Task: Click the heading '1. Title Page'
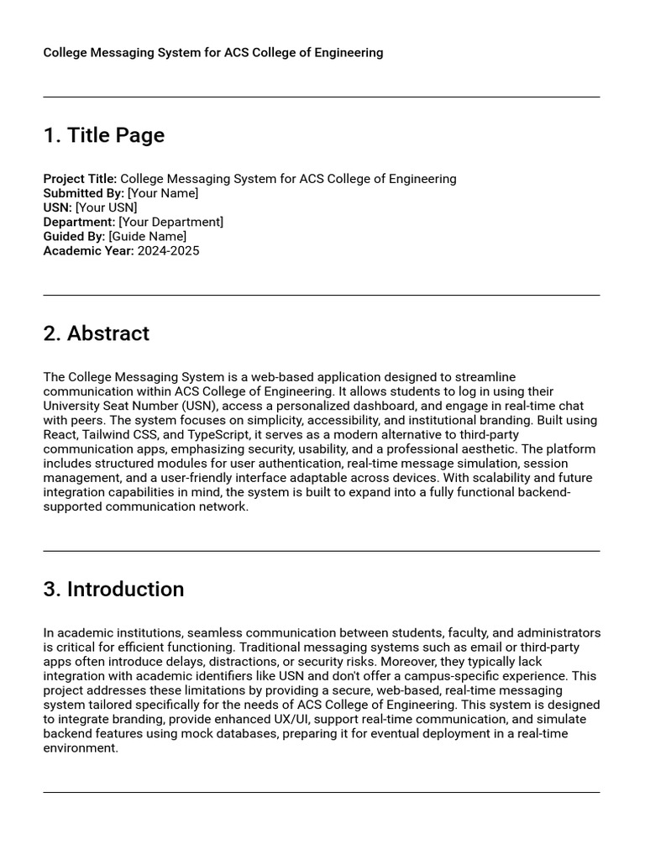point(104,135)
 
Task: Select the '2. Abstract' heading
point(96,333)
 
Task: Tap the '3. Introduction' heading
point(113,590)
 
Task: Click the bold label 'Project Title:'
point(80,179)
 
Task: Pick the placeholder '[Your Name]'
point(163,193)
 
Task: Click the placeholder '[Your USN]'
point(106,207)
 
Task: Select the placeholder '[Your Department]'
point(171,222)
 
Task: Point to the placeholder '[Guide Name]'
point(148,236)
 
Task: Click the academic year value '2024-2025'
point(169,250)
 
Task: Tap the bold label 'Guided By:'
point(74,236)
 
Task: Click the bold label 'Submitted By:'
point(83,193)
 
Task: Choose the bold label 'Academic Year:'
point(88,250)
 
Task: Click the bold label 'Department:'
point(79,222)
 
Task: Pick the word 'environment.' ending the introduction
point(81,748)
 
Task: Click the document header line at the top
point(213,53)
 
